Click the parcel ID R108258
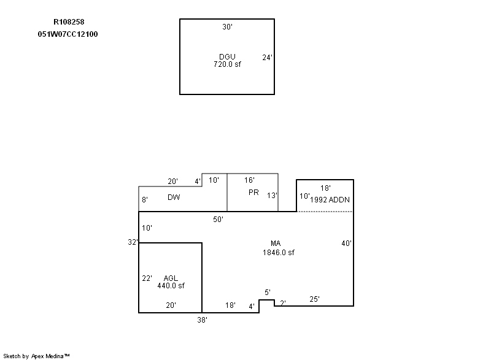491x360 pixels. [x=69, y=22]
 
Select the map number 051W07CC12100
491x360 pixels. [x=68, y=34]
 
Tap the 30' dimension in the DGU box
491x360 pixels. [x=227, y=27]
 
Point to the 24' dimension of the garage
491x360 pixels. [x=268, y=58]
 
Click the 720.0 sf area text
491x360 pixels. [x=227, y=64]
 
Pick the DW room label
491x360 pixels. [x=174, y=197]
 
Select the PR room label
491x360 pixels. [x=253, y=193]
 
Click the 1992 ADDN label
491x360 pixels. [x=330, y=200]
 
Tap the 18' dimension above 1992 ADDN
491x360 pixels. [x=325, y=188]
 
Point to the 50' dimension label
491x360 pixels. [x=218, y=220]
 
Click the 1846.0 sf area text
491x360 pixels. [x=279, y=253]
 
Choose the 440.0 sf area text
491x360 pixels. [x=171, y=286]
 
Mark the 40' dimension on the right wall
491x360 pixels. [x=347, y=243]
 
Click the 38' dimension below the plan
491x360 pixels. [x=203, y=320]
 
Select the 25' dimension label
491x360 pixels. [x=315, y=299]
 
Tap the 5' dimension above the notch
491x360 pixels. [x=268, y=293]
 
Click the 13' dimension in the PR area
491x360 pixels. [x=272, y=196]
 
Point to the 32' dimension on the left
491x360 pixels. [x=133, y=242]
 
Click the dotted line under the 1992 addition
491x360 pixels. [x=325, y=212]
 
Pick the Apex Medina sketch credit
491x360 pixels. [x=37, y=356]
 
